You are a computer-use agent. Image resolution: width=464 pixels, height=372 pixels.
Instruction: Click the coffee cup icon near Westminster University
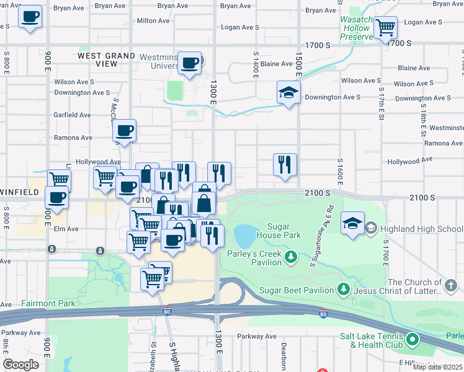tap(189, 63)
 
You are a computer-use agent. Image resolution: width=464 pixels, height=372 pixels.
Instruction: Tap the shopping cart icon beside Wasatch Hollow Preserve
tap(385, 27)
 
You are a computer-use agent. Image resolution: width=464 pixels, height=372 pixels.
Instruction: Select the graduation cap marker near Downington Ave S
tap(288, 92)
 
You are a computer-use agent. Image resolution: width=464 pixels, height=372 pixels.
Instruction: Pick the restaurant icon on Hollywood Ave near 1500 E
tap(285, 165)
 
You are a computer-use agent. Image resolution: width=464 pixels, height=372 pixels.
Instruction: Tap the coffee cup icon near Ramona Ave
tap(124, 131)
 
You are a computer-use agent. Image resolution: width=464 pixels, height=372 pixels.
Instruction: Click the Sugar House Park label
tap(284, 231)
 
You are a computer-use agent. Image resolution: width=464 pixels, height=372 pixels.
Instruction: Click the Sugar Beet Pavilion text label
tap(298, 290)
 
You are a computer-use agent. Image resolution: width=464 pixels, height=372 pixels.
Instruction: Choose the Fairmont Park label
tap(48, 303)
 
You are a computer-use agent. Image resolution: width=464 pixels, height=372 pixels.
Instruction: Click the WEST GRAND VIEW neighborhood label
tap(107, 60)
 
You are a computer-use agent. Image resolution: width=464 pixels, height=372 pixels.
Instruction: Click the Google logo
tap(21, 364)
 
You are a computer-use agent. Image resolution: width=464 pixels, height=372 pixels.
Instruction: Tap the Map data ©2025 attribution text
tap(437, 367)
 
